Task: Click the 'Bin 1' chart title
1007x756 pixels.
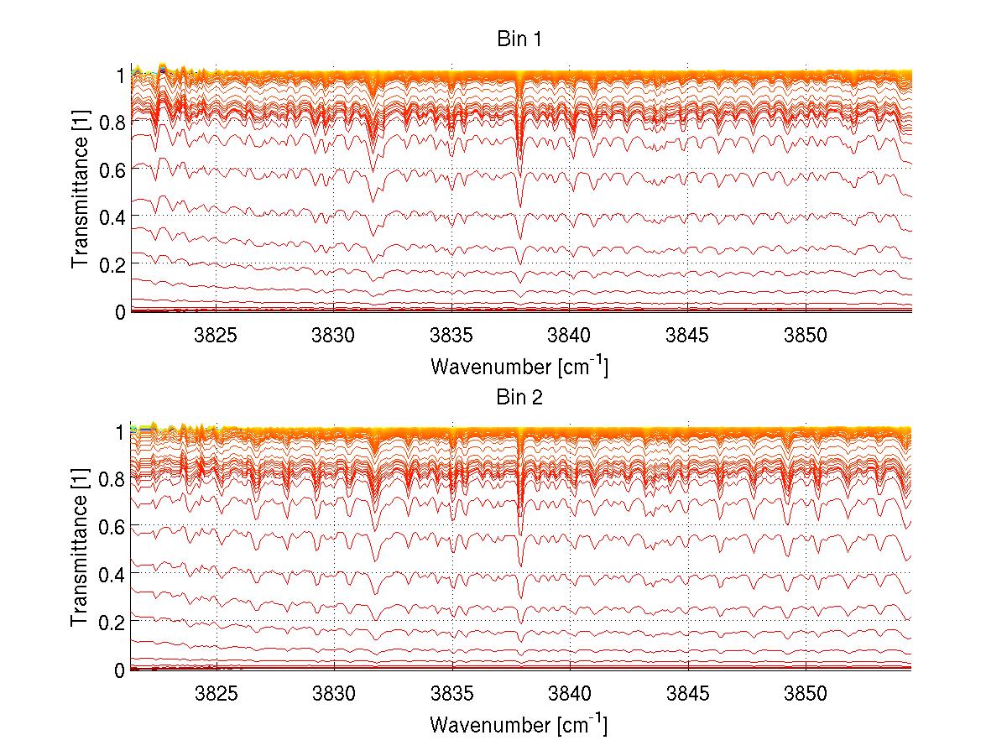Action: point(519,40)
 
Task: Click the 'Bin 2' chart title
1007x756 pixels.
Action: point(519,398)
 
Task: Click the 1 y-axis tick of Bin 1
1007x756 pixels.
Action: point(120,74)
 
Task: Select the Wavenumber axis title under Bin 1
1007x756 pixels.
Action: point(519,366)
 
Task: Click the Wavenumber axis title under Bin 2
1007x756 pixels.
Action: point(519,723)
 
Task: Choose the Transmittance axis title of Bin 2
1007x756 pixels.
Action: point(81,550)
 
